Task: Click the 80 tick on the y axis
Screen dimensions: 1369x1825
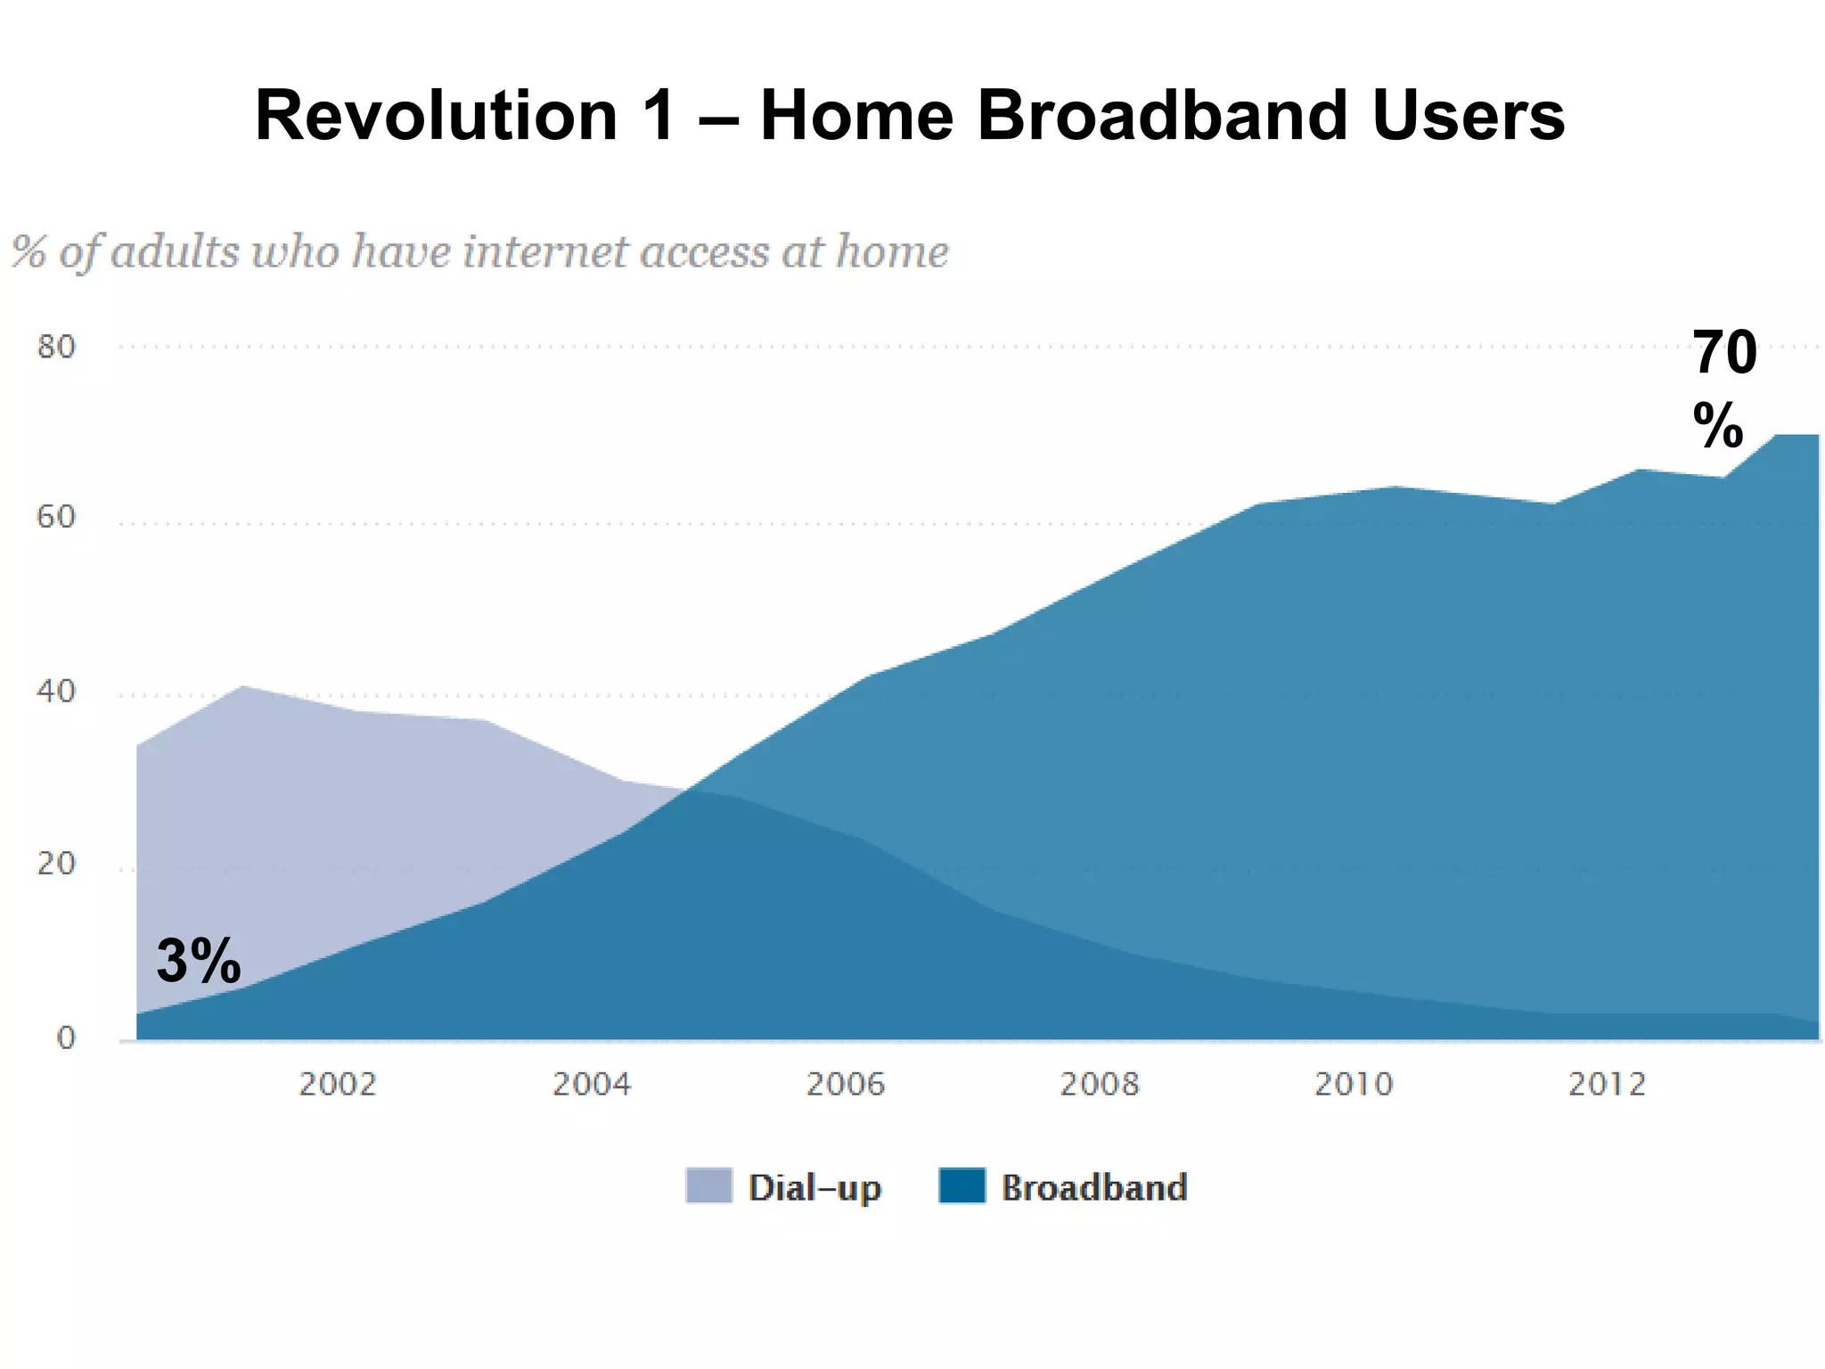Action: tap(55, 347)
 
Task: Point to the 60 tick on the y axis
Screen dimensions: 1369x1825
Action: tap(55, 517)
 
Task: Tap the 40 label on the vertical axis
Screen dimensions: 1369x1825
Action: tap(55, 691)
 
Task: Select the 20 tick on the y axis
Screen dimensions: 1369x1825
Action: tap(55, 863)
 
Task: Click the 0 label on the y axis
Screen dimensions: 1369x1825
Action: tap(66, 1037)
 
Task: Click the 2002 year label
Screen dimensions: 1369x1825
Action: tap(337, 1085)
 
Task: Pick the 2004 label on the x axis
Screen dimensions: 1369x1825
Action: tap(591, 1085)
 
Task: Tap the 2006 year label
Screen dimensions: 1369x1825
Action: tap(845, 1085)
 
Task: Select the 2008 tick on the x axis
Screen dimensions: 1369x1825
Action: tap(1099, 1085)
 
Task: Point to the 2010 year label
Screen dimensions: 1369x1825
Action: tap(1353, 1085)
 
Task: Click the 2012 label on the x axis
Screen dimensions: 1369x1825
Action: tap(1607, 1085)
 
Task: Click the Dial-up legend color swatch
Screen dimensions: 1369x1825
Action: tap(708, 1186)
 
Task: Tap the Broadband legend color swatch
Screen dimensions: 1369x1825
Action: tap(962, 1186)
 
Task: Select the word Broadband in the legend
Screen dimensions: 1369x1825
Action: tap(1094, 1188)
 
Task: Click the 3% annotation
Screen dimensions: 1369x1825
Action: tap(198, 961)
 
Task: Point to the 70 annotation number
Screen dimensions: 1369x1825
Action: tap(1724, 353)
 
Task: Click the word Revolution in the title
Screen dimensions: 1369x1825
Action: tap(436, 116)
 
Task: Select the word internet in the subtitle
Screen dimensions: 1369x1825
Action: tap(546, 251)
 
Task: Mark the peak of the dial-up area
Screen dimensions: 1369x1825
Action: tap(242, 686)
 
